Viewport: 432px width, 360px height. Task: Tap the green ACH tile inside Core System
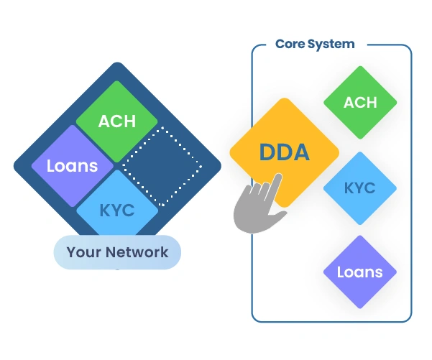tap(360, 103)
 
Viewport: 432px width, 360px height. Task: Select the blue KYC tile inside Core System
tap(360, 188)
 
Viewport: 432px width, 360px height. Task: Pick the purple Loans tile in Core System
tap(360, 272)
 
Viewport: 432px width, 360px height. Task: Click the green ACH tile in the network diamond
tap(117, 121)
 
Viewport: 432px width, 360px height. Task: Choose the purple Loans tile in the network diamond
tap(72, 166)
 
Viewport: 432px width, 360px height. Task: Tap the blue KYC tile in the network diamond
tap(117, 211)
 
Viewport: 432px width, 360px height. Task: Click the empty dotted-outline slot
tap(162, 166)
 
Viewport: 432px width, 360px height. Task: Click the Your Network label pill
tap(117, 252)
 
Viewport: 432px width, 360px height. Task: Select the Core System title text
tap(315, 45)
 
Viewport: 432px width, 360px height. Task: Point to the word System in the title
tap(331, 45)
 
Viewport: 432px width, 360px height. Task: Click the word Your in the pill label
tap(83, 252)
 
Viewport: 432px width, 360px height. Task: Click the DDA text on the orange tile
tap(284, 152)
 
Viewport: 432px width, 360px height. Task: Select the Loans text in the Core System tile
tap(360, 272)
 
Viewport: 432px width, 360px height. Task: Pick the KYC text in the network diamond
tap(117, 211)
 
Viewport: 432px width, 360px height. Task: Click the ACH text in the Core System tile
tap(360, 103)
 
